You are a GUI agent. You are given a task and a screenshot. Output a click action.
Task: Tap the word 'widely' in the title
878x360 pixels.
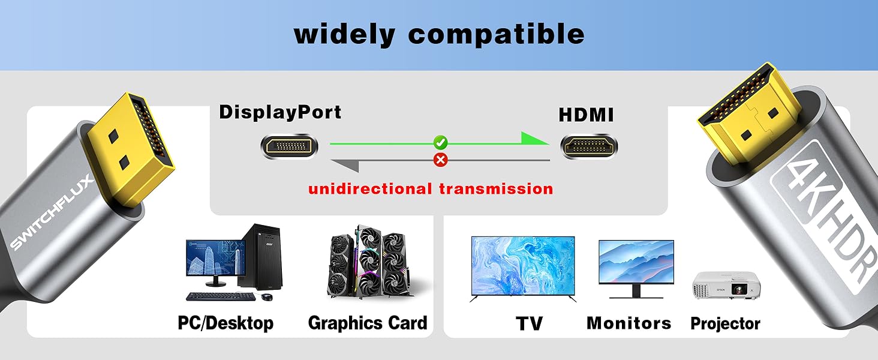(x=344, y=34)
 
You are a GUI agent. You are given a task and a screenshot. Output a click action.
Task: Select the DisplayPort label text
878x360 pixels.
(x=280, y=112)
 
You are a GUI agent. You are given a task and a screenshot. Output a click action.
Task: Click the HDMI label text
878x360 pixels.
(x=586, y=115)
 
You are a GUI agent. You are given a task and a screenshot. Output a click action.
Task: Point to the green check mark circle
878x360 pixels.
(x=441, y=143)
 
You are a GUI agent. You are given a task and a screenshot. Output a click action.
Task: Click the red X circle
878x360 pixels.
(x=441, y=159)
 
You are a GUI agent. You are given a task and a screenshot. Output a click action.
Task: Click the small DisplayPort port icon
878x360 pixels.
(x=289, y=146)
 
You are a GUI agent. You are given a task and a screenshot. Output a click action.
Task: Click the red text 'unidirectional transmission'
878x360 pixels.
(x=430, y=189)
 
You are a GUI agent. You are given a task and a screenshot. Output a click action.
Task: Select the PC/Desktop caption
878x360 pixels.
(x=225, y=323)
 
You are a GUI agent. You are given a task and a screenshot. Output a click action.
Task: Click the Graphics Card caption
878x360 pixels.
(x=368, y=323)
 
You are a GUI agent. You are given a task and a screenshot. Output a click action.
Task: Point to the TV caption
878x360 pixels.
(x=529, y=324)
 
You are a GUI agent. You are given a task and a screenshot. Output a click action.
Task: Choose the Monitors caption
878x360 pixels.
(x=629, y=323)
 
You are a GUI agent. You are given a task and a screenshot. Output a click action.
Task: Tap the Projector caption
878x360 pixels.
(x=725, y=324)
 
